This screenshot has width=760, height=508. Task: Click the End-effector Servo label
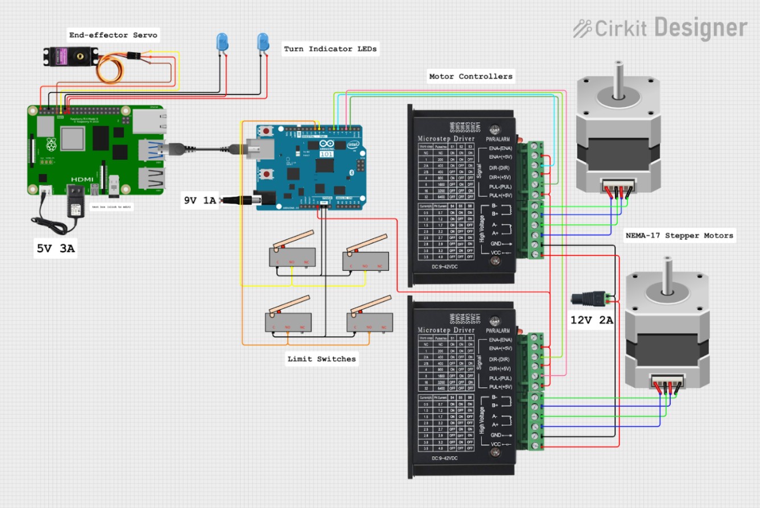[x=113, y=35]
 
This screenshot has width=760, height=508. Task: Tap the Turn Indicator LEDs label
[x=330, y=49]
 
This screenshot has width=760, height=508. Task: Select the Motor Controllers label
[x=470, y=76]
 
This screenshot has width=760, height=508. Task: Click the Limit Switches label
[x=321, y=358]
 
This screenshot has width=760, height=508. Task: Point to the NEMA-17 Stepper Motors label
[x=679, y=236]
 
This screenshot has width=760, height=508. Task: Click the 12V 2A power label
[x=592, y=320]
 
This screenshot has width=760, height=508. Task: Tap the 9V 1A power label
[x=199, y=200]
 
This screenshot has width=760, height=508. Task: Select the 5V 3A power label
[x=55, y=249]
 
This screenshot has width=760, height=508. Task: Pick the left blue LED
[x=221, y=42]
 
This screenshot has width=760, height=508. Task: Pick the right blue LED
[x=262, y=41]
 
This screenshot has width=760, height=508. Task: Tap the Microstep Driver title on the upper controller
[x=446, y=138]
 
